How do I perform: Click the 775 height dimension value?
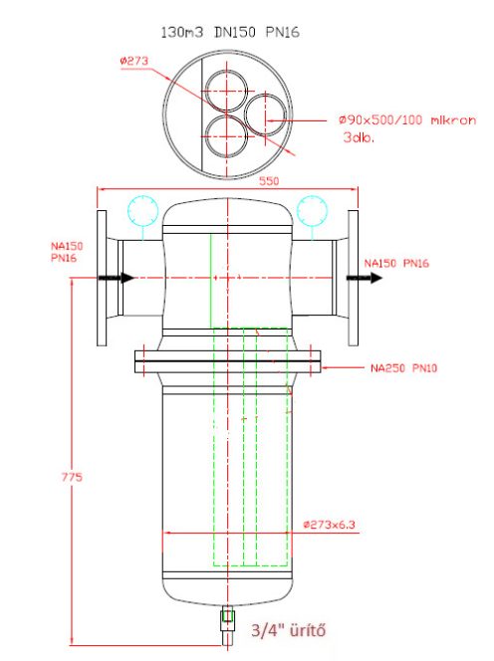click(x=70, y=478)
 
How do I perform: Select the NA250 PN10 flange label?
click(x=402, y=367)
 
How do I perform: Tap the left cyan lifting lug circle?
click(x=143, y=211)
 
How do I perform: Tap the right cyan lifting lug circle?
click(x=312, y=211)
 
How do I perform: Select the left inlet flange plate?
click(x=103, y=279)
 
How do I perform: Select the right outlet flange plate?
click(x=354, y=279)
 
